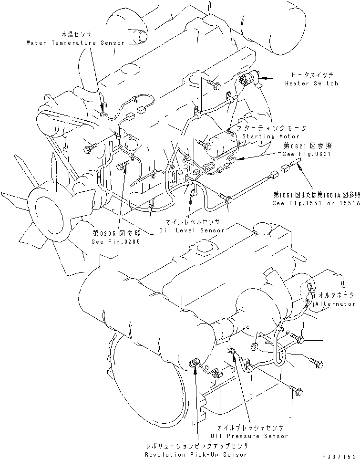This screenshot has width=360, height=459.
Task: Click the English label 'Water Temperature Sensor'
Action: click(75, 43)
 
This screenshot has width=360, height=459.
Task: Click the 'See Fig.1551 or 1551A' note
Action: click(316, 202)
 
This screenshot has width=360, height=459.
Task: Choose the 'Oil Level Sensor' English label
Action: click(192, 230)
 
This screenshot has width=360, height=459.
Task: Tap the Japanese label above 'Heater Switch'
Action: click(312, 75)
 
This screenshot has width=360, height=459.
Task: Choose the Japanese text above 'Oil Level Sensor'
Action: click(192, 222)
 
